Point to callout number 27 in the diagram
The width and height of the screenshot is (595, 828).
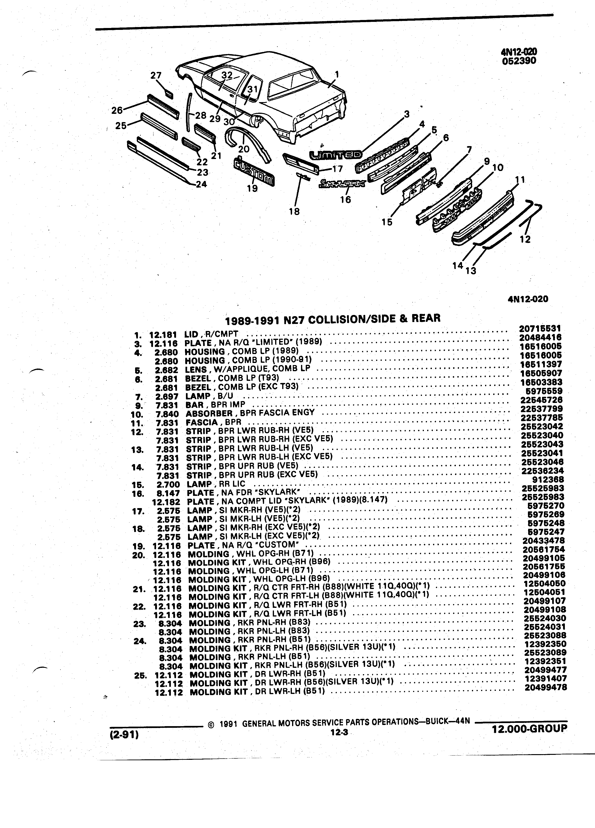pyautogui.click(x=156, y=75)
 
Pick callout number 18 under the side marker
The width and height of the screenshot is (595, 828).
pyautogui.click(x=294, y=211)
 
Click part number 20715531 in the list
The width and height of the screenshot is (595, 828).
pyautogui.click(x=540, y=329)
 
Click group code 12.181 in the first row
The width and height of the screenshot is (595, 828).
pyautogui.click(x=163, y=334)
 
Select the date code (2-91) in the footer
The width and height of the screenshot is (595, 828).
pyautogui.click(x=124, y=734)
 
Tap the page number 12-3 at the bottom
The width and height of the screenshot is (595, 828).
pyautogui.click(x=338, y=731)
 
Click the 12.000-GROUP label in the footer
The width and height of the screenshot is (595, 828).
pyautogui.click(x=530, y=729)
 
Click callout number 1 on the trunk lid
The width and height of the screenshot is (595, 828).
pyautogui.click(x=337, y=74)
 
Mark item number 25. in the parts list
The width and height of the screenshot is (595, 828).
pyautogui.click(x=140, y=675)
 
